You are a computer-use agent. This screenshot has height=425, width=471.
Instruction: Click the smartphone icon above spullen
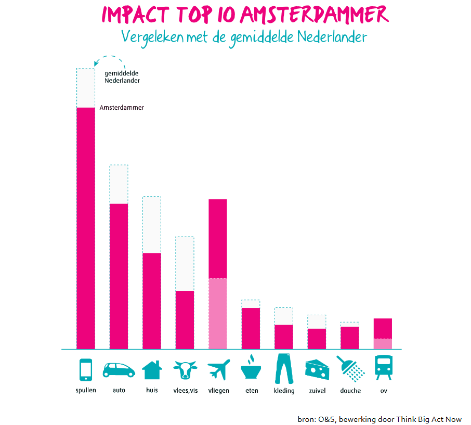(86, 370)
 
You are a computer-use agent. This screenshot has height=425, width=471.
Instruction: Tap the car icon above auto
(119, 370)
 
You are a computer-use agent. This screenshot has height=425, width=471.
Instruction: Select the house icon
(152, 370)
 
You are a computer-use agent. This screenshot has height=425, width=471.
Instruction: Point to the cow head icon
(185, 370)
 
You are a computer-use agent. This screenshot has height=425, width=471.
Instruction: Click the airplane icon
(218, 370)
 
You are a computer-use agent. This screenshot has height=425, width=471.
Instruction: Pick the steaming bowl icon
(251, 369)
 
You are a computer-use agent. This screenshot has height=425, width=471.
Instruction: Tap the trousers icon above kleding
(284, 368)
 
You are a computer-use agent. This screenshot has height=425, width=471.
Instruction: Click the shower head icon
(350, 368)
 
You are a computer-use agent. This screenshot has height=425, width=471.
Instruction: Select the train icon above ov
(384, 368)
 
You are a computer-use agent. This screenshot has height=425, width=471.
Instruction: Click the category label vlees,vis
(185, 391)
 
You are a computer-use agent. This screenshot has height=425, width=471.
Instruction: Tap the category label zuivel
(317, 391)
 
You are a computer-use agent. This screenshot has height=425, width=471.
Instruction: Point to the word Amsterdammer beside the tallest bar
(122, 108)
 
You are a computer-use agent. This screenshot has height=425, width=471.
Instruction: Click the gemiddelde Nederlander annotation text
(122, 77)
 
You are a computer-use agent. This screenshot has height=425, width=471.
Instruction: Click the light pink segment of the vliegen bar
(218, 314)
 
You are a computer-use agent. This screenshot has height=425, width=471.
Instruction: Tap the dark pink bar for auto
(119, 276)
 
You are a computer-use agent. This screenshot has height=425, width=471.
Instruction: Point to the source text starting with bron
(380, 419)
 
